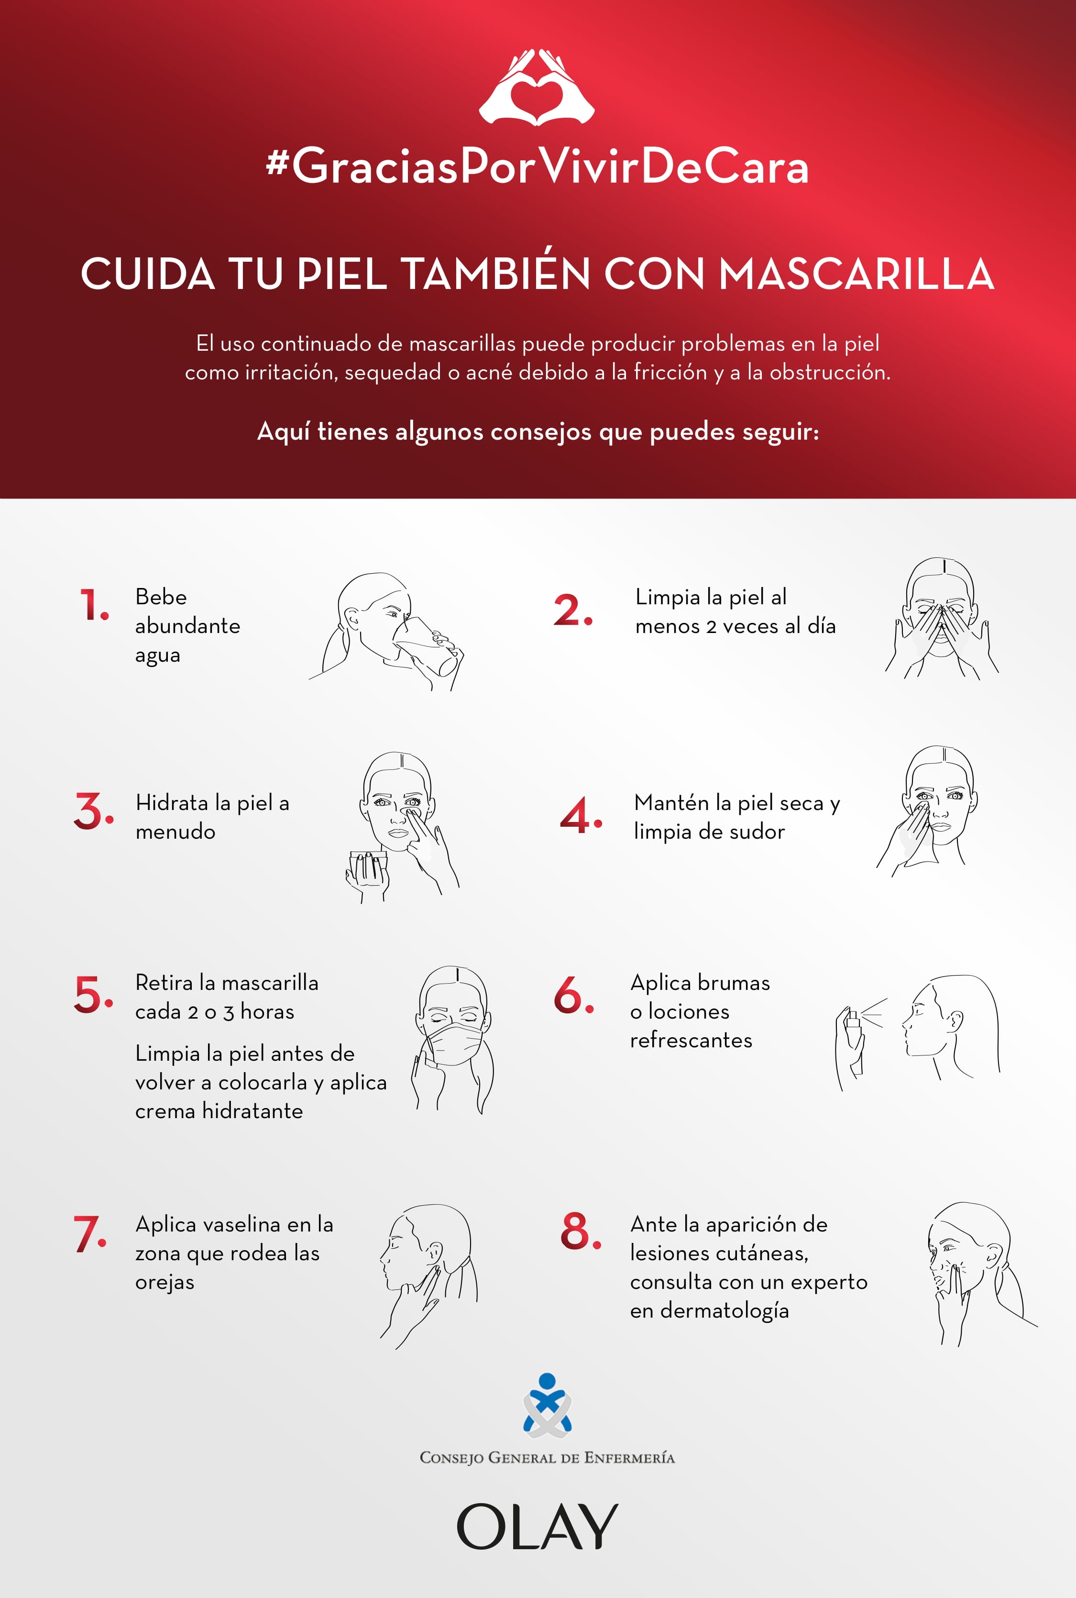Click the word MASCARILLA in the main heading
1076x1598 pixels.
[856, 274]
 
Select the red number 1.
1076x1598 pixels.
[94, 605]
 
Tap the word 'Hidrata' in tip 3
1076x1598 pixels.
[172, 802]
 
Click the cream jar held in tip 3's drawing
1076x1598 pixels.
[368, 865]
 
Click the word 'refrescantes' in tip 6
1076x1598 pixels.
[691, 1040]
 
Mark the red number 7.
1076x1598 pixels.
[90, 1233]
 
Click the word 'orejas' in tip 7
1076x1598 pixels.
[165, 1282]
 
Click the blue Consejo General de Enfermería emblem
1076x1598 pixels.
[547, 1406]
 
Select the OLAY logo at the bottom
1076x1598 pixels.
[538, 1527]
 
